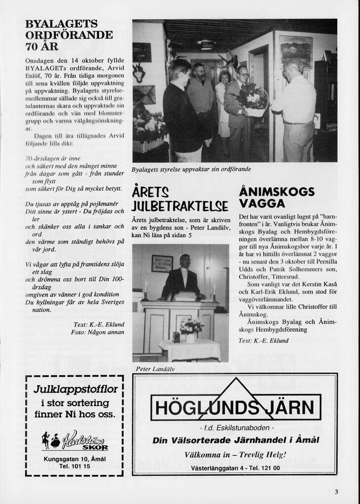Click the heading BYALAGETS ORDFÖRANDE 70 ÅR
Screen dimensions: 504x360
click(x=69, y=35)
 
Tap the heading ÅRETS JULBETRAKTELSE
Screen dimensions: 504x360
click(x=180, y=199)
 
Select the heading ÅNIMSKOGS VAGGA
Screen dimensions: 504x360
click(x=276, y=197)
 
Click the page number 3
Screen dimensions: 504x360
click(x=336, y=491)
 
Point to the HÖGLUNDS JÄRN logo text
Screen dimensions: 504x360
click(x=235, y=407)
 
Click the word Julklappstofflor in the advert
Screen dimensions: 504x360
click(x=75, y=390)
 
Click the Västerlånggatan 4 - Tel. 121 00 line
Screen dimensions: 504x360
click(x=235, y=468)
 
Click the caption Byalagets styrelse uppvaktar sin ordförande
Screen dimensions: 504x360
click(x=191, y=169)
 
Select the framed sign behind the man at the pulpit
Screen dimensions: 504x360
click(x=162, y=264)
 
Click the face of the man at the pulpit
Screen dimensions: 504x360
click(x=185, y=262)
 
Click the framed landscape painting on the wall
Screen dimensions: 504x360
click(x=296, y=50)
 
